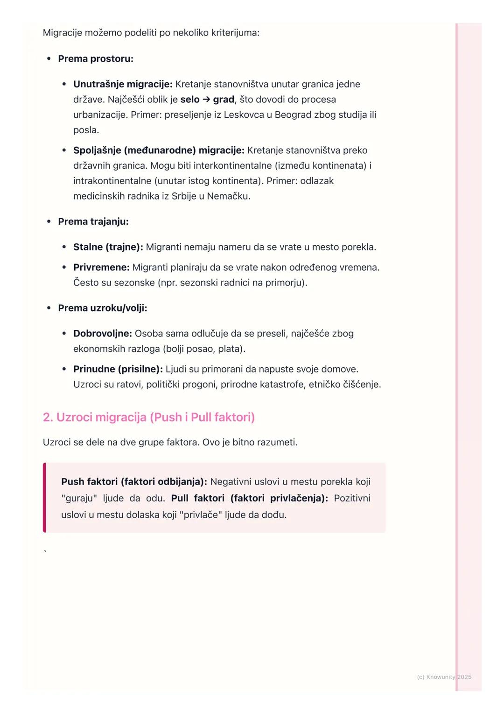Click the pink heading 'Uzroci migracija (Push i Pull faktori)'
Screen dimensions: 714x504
(x=149, y=417)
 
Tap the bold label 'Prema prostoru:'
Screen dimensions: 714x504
(x=96, y=59)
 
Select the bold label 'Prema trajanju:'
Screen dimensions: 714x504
(x=93, y=221)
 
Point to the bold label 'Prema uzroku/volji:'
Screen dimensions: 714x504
(x=103, y=308)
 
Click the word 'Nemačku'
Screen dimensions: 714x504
(x=229, y=196)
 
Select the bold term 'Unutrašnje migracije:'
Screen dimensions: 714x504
(x=123, y=85)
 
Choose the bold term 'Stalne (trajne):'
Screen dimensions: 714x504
(x=108, y=247)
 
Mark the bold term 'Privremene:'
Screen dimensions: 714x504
(x=101, y=267)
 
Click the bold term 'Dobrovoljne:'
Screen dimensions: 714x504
(x=103, y=334)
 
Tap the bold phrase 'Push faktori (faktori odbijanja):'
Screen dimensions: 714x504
(x=134, y=482)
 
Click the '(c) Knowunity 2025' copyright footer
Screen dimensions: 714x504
(x=444, y=677)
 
